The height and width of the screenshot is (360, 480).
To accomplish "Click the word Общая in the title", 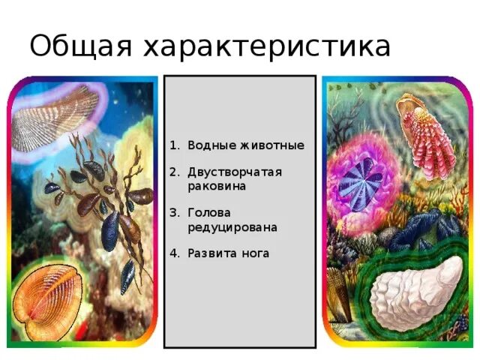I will coord(78,47).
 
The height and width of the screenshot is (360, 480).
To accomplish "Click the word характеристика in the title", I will coord(265,47).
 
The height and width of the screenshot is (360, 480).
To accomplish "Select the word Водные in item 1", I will coord(208,145).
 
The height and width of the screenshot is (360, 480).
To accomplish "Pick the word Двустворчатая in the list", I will coord(234,172).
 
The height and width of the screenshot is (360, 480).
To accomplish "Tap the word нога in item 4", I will coord(254,253).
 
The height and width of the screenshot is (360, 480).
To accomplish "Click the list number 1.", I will coord(173,145).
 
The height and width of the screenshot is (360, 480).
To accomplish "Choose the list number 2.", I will coord(173,172).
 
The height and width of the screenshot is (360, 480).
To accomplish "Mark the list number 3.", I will coord(173,212).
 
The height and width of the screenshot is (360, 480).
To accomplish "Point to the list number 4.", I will coord(173,253).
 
